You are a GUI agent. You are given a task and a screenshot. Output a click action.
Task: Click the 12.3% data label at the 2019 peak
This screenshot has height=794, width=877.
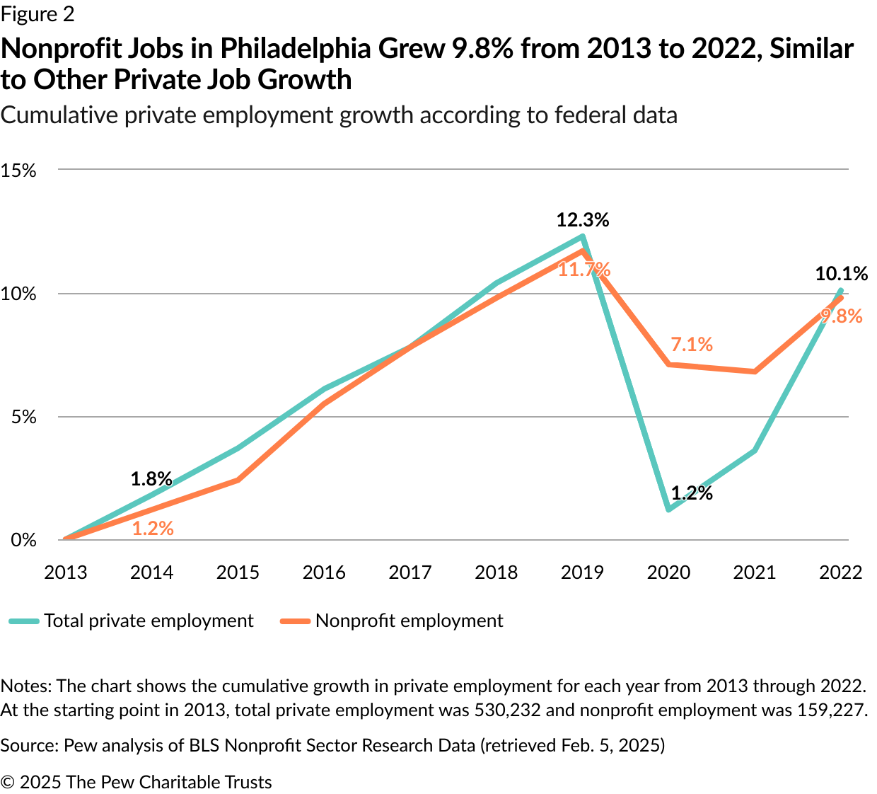click(582, 220)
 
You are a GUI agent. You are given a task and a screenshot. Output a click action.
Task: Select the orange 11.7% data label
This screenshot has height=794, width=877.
click(584, 270)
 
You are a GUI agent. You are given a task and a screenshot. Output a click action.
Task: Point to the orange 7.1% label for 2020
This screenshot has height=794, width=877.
click(692, 345)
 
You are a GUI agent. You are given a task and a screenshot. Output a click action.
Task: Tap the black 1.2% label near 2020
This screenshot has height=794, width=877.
click(692, 493)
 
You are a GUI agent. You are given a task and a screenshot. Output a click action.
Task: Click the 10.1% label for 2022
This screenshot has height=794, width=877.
click(841, 274)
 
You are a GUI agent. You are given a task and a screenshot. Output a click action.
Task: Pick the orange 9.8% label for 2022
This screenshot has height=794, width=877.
click(842, 316)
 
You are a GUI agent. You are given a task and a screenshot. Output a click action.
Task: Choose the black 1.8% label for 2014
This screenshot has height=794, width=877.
click(151, 479)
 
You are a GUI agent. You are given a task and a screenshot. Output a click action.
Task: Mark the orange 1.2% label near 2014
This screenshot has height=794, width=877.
click(153, 529)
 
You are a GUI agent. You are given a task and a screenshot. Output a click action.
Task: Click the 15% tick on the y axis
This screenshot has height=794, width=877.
click(18, 171)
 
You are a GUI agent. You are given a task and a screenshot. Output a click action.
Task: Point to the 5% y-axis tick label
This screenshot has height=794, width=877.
click(23, 417)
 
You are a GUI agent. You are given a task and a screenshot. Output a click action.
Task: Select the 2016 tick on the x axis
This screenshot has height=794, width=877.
click(324, 573)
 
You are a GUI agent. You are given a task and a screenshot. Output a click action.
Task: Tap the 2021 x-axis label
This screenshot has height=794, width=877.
click(755, 573)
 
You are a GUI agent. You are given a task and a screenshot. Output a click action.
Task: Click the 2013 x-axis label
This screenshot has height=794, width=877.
click(66, 573)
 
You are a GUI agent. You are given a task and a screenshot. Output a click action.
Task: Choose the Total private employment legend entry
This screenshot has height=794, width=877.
click(149, 621)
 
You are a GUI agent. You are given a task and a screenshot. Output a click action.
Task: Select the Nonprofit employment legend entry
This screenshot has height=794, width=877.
click(409, 621)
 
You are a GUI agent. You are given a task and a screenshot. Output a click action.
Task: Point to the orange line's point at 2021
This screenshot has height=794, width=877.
click(755, 372)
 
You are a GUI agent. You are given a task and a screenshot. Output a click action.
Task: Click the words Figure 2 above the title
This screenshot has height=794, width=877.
click(37, 14)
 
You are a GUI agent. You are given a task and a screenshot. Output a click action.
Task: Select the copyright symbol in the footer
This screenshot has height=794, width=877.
click(8, 782)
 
